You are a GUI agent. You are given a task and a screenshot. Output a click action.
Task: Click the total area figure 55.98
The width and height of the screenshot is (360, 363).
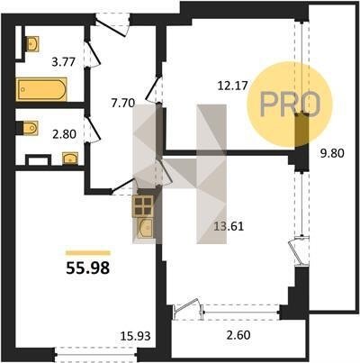(88, 268)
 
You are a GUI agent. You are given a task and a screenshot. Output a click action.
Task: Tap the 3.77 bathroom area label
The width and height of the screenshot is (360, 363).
(63, 62)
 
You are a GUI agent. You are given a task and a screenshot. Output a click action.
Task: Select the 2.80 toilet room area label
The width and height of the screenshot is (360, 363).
(64, 134)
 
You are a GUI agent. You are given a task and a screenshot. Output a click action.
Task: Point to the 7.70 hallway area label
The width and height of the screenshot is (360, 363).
(123, 104)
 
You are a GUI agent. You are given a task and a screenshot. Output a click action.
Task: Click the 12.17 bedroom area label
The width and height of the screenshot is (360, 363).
(233, 86)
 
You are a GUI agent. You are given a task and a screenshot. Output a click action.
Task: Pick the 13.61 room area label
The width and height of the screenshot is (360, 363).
(229, 226)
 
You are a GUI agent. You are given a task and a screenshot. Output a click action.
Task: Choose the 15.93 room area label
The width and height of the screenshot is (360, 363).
(135, 336)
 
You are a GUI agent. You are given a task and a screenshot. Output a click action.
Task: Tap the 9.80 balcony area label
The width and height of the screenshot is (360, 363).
(332, 153)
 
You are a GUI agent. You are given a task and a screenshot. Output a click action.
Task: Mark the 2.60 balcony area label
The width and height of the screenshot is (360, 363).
(238, 334)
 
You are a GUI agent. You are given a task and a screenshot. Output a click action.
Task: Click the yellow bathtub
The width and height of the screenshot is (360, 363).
(41, 89)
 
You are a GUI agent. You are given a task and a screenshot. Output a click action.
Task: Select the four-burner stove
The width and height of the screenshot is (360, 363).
(143, 206)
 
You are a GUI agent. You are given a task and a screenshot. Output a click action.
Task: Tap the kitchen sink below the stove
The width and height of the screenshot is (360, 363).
(145, 228)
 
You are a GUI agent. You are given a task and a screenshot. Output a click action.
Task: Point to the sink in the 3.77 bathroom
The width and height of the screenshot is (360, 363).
(32, 44)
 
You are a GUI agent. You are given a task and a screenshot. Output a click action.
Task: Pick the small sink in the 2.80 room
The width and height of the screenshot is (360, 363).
(70, 159)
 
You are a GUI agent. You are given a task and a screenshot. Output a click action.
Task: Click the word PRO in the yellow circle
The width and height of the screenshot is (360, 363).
(290, 104)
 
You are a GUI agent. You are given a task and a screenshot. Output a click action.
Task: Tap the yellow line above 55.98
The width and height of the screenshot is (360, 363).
(88, 253)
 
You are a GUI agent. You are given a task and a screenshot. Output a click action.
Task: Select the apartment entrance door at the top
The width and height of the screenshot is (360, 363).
(112, 25)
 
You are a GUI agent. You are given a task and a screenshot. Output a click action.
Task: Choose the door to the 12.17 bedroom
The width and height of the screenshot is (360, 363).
(155, 88)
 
